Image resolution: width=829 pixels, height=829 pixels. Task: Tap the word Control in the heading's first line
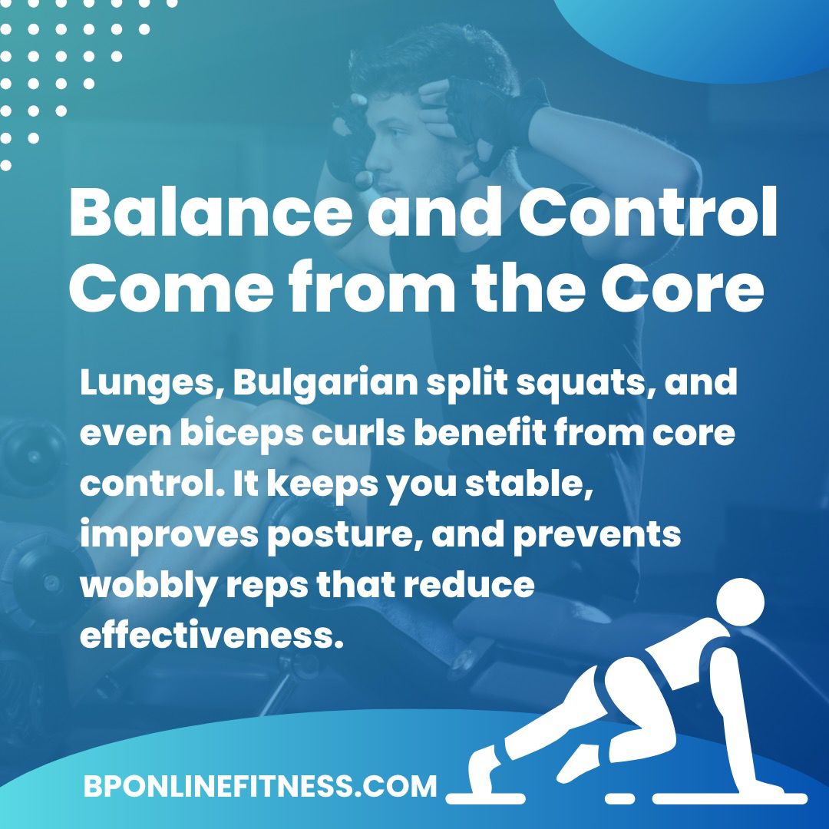pyautogui.click(x=648, y=212)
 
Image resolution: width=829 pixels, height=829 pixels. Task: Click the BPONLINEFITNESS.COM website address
pyautogui.click(x=260, y=786)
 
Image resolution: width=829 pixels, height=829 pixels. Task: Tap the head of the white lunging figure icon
pyautogui.click(x=740, y=602)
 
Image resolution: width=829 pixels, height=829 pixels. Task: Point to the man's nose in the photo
pyautogui.click(x=368, y=160)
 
